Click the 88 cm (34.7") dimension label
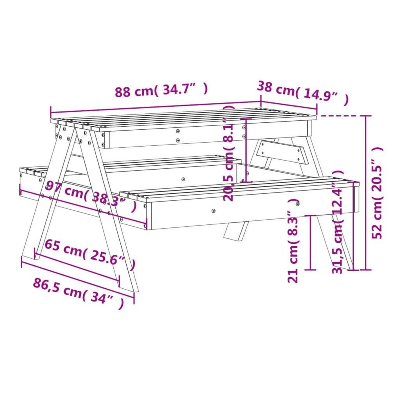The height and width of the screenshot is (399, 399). click(161, 90)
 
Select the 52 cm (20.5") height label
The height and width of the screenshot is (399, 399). click(377, 193)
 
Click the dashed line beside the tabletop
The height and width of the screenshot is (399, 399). click(339, 116)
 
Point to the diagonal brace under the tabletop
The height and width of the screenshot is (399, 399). click(283, 152)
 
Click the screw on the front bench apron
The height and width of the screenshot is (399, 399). click(213, 210)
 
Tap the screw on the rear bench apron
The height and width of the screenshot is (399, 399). click(183, 179)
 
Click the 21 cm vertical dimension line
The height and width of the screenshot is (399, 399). click(310, 243)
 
